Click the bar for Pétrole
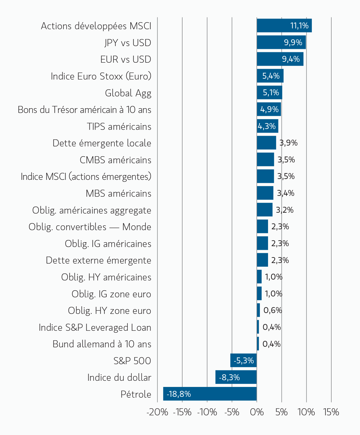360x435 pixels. (x=210, y=394)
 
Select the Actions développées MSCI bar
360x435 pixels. (x=284, y=26)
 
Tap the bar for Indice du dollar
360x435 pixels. (x=236, y=377)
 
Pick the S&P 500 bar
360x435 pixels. (x=243, y=360)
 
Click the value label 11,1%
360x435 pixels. (x=299, y=26)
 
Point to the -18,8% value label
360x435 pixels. (x=179, y=394)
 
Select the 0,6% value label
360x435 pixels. (x=273, y=310)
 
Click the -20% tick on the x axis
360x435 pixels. (x=157, y=412)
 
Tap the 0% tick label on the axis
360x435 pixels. (x=256, y=412)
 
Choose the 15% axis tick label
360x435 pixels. (x=331, y=412)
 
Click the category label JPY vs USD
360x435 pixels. (x=128, y=43)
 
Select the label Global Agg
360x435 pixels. (x=128, y=93)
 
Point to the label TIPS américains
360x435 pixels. (x=119, y=126)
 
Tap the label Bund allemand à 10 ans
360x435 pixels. (x=102, y=344)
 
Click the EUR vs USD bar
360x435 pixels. (x=280, y=59)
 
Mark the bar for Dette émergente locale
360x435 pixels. (x=266, y=143)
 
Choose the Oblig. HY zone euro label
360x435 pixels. (x=109, y=311)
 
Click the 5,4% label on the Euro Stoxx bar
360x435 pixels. (x=271, y=76)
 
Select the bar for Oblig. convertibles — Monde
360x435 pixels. (x=262, y=226)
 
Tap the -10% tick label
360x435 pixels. (x=207, y=412)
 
